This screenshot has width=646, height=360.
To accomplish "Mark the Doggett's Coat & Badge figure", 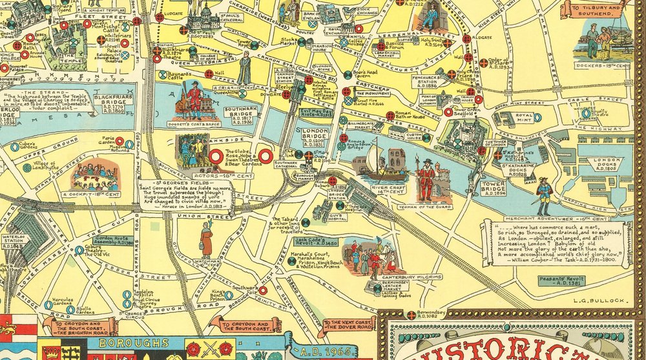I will tap(194, 100).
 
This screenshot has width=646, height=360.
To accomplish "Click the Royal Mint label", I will tap(524, 118).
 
